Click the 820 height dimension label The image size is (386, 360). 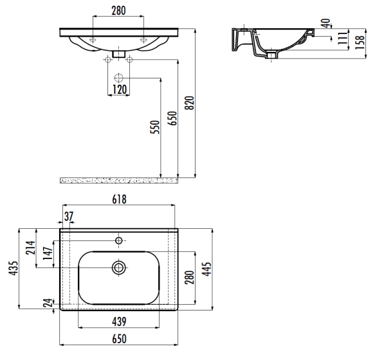(190, 103)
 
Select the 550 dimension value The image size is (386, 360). (155, 127)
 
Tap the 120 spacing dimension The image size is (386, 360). (120, 89)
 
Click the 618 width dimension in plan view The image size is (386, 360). (120, 199)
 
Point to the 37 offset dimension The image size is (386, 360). (69, 216)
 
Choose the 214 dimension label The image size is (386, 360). (31, 248)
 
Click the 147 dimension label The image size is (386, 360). (48, 253)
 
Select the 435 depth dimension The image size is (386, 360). (14, 268)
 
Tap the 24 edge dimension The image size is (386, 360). (48, 303)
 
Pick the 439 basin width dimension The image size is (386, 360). (120, 321)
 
